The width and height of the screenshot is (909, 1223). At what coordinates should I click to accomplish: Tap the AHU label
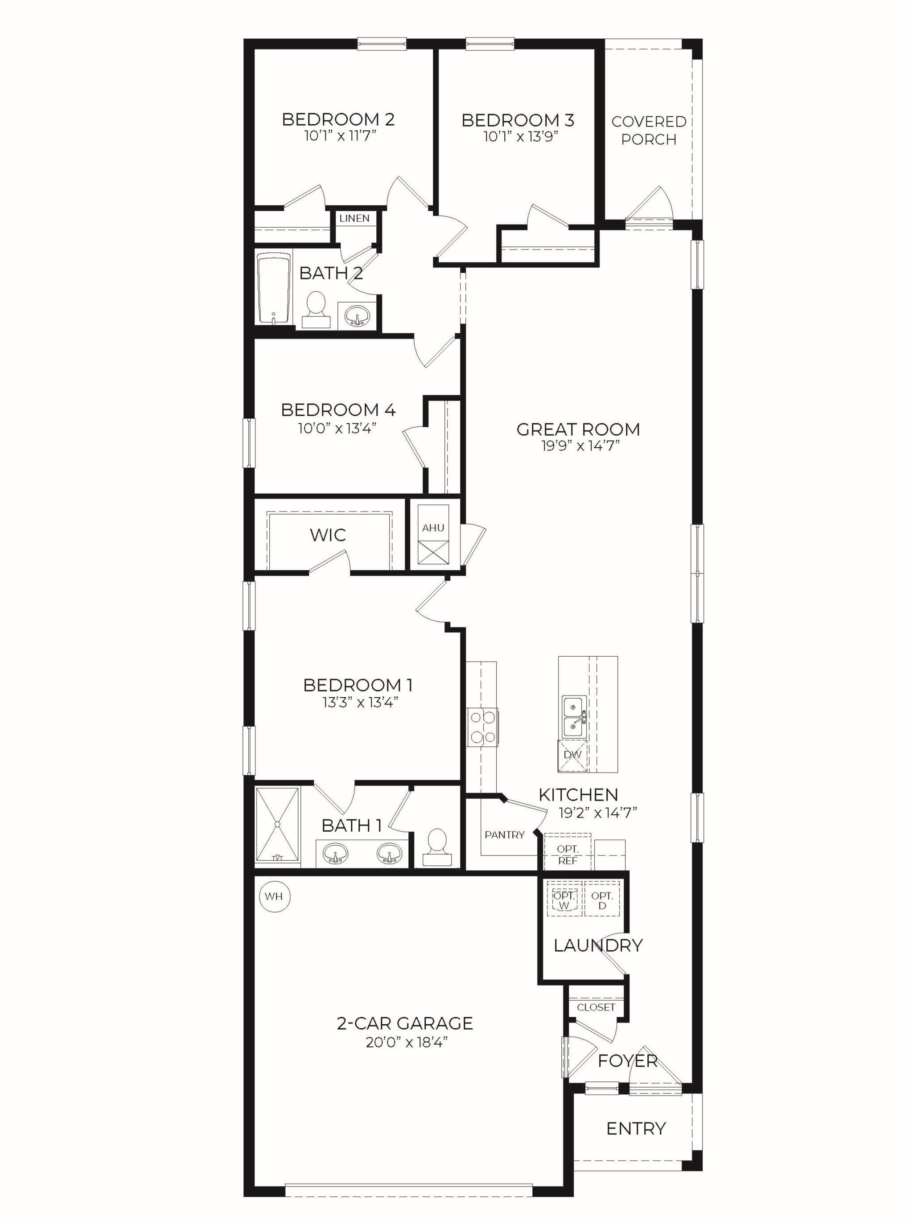pyautogui.click(x=433, y=528)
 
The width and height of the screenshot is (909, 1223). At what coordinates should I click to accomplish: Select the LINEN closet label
pyautogui.click(x=354, y=218)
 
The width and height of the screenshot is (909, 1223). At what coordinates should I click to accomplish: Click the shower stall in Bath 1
pyautogui.click(x=278, y=825)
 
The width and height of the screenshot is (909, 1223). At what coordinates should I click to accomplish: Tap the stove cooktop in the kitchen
pyautogui.click(x=482, y=727)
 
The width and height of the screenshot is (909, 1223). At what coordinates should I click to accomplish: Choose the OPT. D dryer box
pyautogui.click(x=602, y=900)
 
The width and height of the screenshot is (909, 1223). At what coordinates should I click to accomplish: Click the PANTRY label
pyautogui.click(x=505, y=835)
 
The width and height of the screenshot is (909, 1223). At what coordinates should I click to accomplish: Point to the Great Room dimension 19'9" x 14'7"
pyautogui.click(x=578, y=446)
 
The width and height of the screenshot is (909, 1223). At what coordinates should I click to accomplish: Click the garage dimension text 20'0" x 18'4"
pyautogui.click(x=405, y=1042)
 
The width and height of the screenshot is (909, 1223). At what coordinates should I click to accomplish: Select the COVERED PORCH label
pyautogui.click(x=649, y=131)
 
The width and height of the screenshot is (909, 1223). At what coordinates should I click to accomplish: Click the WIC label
pyautogui.click(x=328, y=535)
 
